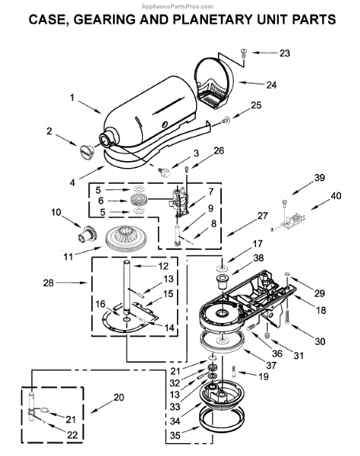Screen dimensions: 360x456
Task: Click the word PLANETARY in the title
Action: pos(213,19)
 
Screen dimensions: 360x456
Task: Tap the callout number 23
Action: pos(285,53)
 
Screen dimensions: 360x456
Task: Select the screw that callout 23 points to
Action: pos(243,54)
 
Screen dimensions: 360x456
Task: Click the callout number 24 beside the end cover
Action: pos(271,85)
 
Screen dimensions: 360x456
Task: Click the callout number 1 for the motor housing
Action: pos(72,97)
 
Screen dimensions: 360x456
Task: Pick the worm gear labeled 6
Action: pos(139,201)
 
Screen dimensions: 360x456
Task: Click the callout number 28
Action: pos(49,283)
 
